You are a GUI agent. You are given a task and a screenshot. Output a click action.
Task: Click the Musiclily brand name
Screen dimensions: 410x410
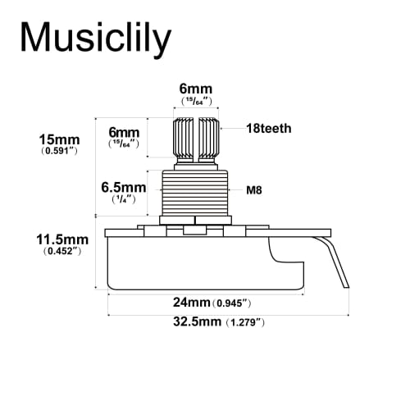95,38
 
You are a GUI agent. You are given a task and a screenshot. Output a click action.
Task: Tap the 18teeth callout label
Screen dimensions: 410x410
268,129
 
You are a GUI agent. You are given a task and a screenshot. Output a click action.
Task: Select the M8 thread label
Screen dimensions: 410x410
254,189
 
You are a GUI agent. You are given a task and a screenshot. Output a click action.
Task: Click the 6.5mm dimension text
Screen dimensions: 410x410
123,187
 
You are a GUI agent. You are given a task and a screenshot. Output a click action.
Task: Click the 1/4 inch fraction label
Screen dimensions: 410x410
123,200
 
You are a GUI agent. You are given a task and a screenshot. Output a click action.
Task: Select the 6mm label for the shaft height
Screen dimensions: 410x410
124,130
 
